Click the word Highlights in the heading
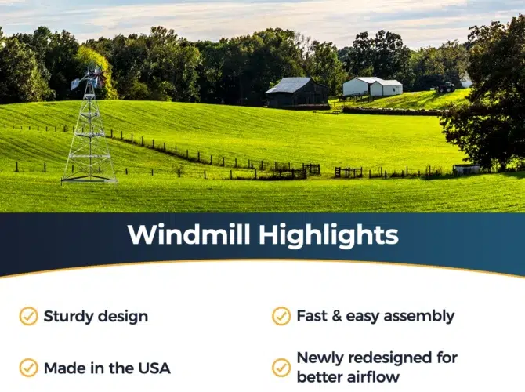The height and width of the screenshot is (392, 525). point(328,236)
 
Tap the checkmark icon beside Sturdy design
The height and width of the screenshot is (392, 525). point(28,316)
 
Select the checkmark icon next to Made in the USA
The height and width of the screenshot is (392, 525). point(28,368)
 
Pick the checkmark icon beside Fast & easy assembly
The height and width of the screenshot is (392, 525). point(281,316)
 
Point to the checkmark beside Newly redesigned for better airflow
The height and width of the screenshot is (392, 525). point(281,368)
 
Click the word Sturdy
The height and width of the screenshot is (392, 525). point(68,317)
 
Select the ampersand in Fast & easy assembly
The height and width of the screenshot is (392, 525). point(336,316)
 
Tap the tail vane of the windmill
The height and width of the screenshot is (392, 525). point(76,83)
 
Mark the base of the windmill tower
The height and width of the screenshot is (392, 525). point(89,180)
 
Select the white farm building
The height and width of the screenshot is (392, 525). point(372,86)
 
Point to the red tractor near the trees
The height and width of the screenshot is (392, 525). point(446,88)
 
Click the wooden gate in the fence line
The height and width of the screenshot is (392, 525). point(349,172)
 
